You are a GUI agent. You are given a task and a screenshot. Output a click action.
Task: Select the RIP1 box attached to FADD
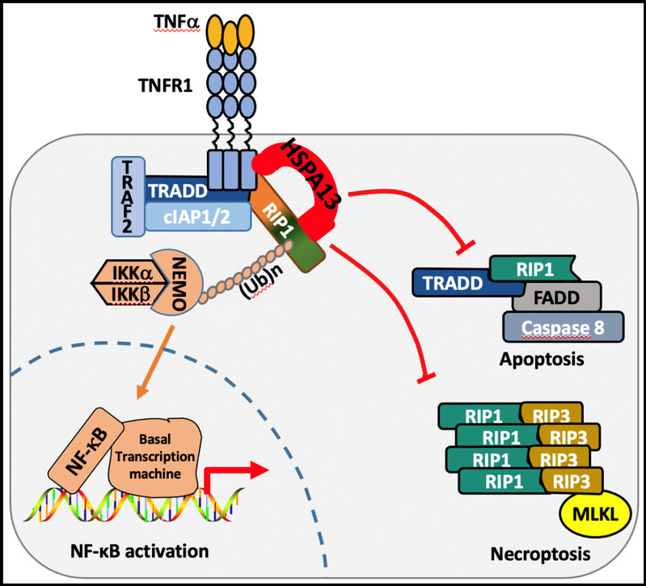[534, 265]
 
